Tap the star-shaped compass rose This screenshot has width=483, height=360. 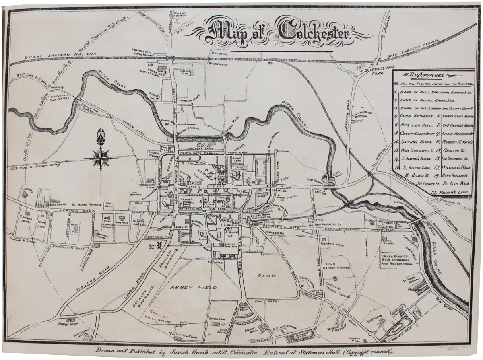click(100, 157)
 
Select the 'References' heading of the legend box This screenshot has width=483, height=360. click(427, 75)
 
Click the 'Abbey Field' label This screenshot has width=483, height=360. click(188, 287)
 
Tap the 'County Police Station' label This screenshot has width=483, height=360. click(358, 115)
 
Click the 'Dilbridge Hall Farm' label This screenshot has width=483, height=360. click(372, 71)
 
